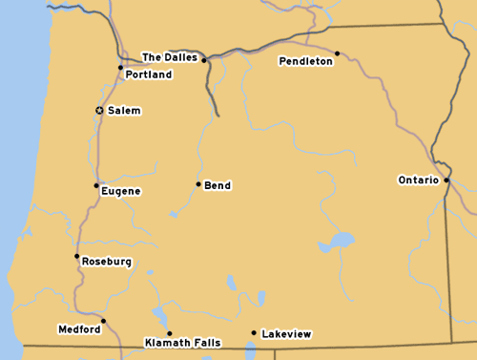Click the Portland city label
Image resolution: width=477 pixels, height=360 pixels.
[149, 74]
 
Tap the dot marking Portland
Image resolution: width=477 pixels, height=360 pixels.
[120, 67]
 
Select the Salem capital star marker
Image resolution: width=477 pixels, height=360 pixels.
[99, 111]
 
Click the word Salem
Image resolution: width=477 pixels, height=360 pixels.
[124, 111]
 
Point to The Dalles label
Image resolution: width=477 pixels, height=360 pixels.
[170, 57]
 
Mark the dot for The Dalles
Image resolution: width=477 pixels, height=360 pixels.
[203, 60]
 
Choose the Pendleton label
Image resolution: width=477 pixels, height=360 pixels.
[306, 61]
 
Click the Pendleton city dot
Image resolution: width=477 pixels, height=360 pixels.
[337, 53]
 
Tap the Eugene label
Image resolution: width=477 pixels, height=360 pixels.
[121, 191]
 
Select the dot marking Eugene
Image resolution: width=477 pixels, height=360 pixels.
[96, 185]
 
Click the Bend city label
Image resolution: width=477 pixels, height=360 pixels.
[218, 185]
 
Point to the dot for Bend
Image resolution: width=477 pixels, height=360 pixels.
[198, 184]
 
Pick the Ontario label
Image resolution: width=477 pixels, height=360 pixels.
[419, 180]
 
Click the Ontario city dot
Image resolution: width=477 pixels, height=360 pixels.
[446, 180]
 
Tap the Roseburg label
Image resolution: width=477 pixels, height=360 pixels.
[107, 262]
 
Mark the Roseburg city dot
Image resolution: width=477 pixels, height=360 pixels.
[77, 256]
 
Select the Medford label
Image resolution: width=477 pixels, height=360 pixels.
[79, 329]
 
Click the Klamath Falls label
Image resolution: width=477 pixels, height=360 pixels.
[182, 342]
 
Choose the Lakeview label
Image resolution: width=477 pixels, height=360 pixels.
[286, 334]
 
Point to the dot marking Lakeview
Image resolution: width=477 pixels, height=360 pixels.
[253, 333]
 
